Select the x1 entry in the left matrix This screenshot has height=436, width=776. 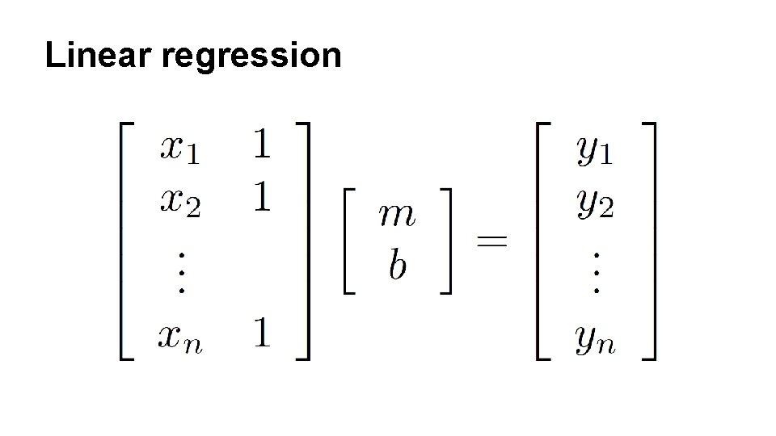tap(180, 149)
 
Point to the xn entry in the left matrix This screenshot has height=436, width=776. tap(180, 336)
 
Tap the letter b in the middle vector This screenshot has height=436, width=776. tap(397, 264)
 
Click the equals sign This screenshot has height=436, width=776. tap(491, 241)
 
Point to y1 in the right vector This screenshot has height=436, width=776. tap(594, 152)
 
